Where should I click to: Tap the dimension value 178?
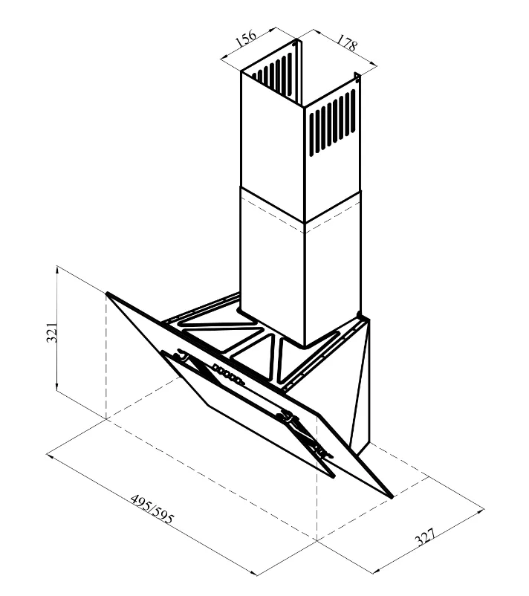[x=346, y=43]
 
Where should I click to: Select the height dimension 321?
[x=52, y=333]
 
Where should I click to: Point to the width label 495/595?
[x=152, y=508]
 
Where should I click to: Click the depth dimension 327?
[x=425, y=537]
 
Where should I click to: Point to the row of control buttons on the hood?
[x=228, y=374]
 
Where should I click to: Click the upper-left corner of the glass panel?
[x=107, y=293]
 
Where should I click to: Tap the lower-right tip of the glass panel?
[x=392, y=496]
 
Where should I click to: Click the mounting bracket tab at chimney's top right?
[x=357, y=77]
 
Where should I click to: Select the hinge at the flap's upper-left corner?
[x=181, y=357]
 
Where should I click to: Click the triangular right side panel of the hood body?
[x=360, y=384]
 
